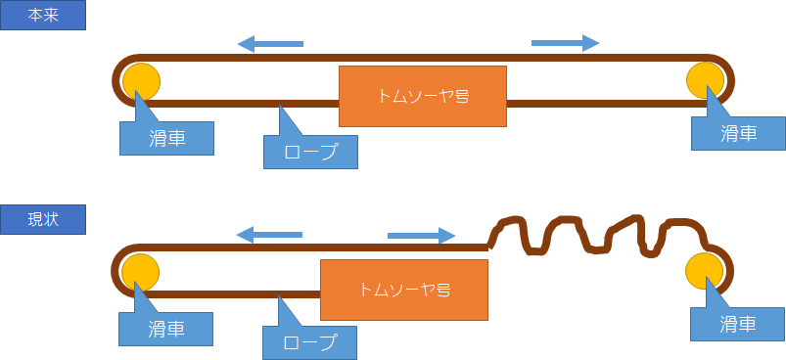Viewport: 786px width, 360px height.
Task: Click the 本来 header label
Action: click(x=43, y=15)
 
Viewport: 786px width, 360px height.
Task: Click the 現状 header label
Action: click(x=43, y=219)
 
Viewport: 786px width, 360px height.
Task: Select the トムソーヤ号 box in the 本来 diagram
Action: click(x=423, y=96)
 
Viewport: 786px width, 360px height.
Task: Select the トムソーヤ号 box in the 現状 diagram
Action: click(x=404, y=290)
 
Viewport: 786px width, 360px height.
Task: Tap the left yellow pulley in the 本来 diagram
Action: click(x=141, y=81)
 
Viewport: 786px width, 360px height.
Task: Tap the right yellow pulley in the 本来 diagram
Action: click(x=706, y=80)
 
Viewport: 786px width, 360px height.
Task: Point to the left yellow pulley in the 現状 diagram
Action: click(x=140, y=272)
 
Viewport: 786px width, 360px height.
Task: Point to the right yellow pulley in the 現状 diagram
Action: click(x=705, y=271)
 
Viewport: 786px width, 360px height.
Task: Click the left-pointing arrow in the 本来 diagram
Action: click(x=270, y=44)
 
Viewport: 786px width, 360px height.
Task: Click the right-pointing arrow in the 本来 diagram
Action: click(x=565, y=43)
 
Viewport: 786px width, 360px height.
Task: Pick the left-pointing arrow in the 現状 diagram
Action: click(x=269, y=235)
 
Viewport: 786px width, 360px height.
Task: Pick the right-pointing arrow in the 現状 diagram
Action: click(x=421, y=236)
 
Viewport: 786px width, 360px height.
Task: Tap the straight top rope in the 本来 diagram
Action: click(x=424, y=58)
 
